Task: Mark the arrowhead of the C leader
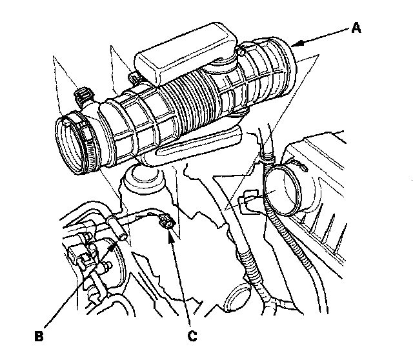click(169, 233)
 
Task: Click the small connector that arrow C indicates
click(165, 223)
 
